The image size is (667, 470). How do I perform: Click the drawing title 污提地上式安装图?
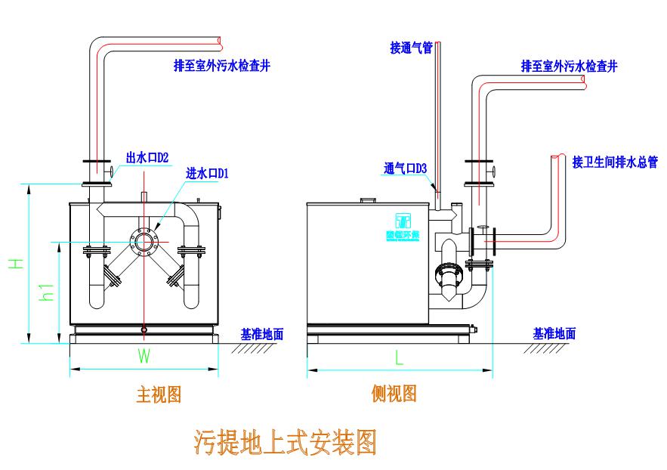click(x=285, y=442)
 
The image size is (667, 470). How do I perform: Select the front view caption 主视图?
click(x=159, y=394)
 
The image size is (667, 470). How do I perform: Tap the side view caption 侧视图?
click(x=394, y=393)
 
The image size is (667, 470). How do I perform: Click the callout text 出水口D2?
click(x=147, y=157)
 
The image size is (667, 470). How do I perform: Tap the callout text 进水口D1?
click(x=207, y=173)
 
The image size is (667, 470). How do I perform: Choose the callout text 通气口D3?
click(x=406, y=169)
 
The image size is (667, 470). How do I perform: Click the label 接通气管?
click(x=411, y=48)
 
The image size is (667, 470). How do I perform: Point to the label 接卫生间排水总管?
click(x=615, y=162)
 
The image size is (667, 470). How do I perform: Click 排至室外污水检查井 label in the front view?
click(x=222, y=66)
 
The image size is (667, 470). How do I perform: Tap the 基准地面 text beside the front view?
click(x=262, y=333)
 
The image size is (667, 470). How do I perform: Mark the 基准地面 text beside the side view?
click(x=554, y=333)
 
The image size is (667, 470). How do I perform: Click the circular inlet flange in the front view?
click(x=144, y=241)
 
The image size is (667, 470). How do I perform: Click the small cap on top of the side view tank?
click(x=367, y=200)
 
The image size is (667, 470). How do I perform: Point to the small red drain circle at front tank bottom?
click(x=144, y=329)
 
